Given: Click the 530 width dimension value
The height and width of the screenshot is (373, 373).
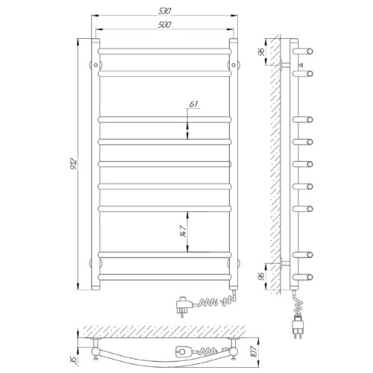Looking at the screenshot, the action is tap(165, 11).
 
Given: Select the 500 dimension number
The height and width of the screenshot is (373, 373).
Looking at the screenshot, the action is tap(165, 25).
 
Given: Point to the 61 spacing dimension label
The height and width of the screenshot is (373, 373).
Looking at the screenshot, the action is tap(194, 104).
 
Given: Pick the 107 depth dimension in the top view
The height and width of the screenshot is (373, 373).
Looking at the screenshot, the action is tap(254, 351).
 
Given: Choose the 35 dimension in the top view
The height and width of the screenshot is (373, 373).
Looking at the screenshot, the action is tap(73, 359).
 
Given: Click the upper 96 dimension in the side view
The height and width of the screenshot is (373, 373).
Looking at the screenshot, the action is tap(261, 52).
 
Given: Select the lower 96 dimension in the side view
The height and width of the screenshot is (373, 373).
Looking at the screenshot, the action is tap(261, 277).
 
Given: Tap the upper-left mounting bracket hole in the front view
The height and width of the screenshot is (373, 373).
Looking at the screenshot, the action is tap(95, 65).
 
